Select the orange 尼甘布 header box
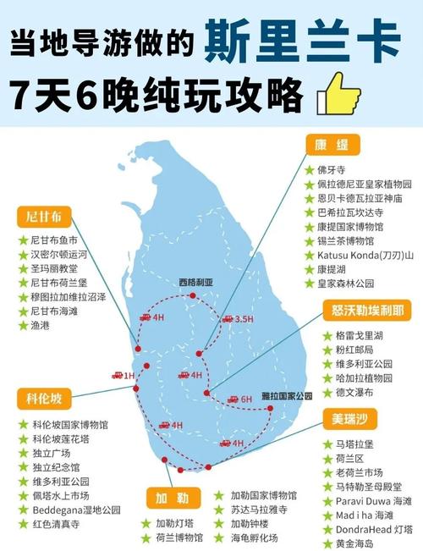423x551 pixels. pyautogui.click(x=41, y=216)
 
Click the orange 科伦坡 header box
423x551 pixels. pyautogui.click(x=42, y=398)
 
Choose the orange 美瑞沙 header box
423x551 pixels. pyautogui.click(x=348, y=418)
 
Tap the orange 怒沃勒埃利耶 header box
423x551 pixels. pyautogui.click(x=368, y=310)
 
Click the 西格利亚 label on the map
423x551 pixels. pyautogui.click(x=196, y=283)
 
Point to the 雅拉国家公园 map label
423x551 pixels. pyautogui.click(x=287, y=395)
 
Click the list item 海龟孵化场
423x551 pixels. pyautogui.click(x=255, y=537)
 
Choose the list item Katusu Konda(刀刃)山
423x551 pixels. pyautogui.click(x=365, y=255)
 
